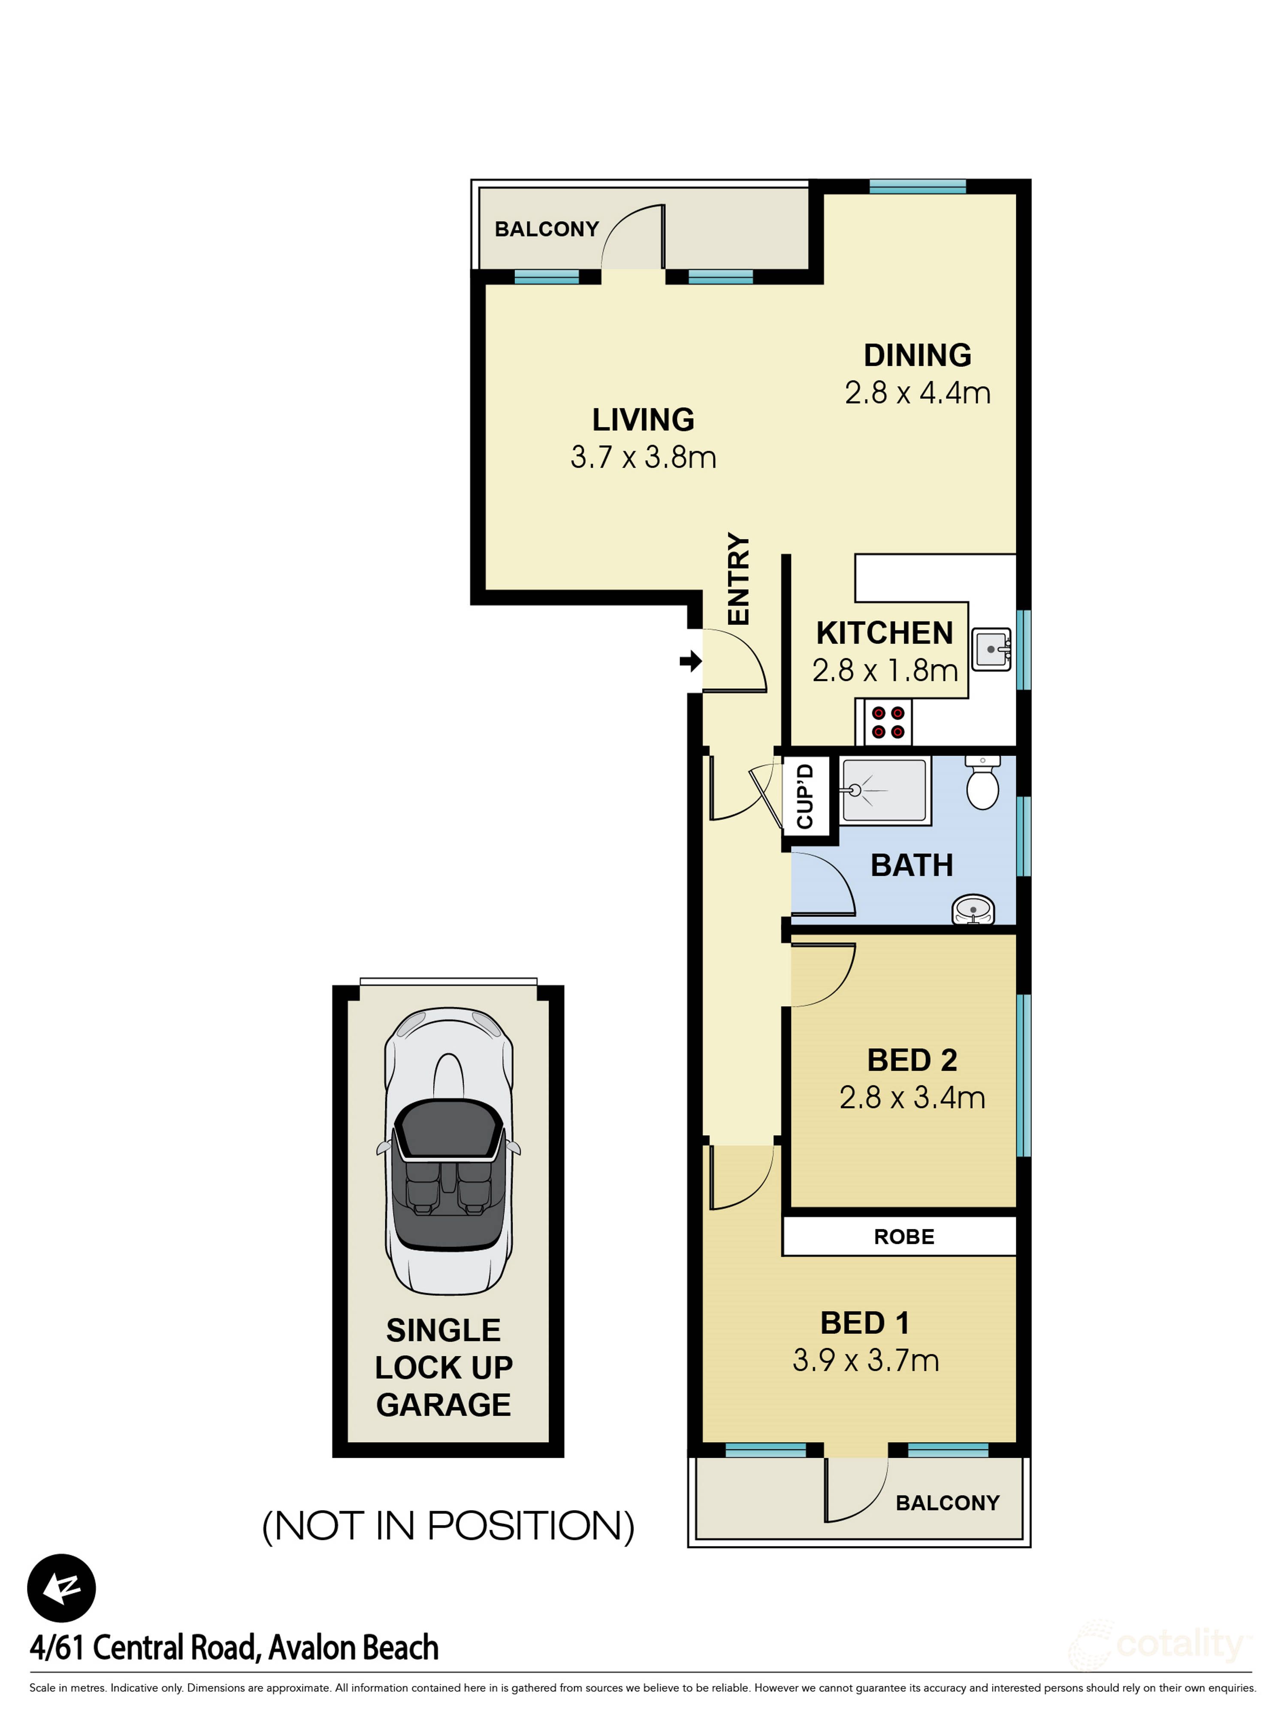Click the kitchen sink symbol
991,648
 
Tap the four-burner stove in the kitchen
888,722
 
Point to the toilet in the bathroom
982,785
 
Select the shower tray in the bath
884,790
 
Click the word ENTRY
739,579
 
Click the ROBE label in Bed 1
904,1236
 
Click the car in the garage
448,1151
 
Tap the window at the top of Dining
917,186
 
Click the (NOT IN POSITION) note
448,1526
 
